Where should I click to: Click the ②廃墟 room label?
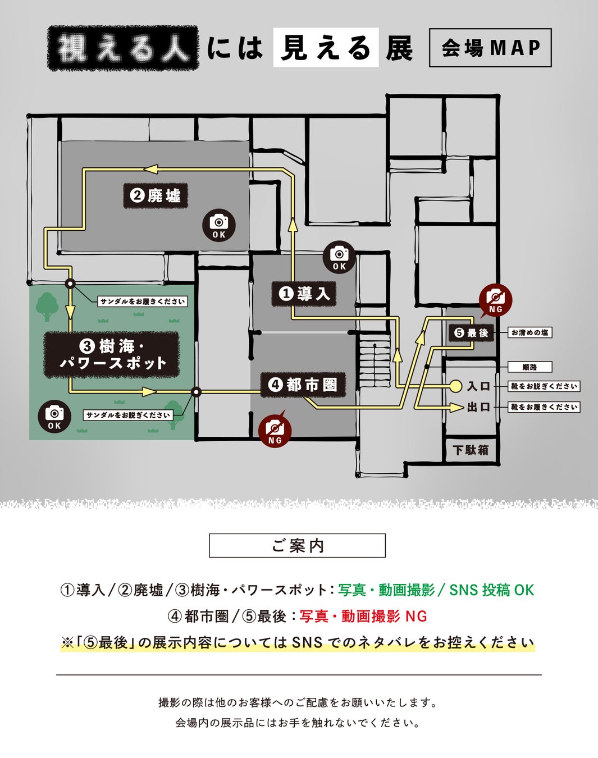(x=156, y=196)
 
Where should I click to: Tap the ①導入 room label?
(x=304, y=293)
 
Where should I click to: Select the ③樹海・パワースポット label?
(x=112, y=354)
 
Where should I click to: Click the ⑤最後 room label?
(x=471, y=333)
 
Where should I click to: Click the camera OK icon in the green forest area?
(x=54, y=417)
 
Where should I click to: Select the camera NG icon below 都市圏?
(x=275, y=431)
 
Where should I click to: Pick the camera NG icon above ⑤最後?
(x=495, y=300)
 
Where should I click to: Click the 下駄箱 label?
(x=471, y=450)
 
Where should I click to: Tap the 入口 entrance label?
(x=478, y=386)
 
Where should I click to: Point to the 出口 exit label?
(x=478, y=407)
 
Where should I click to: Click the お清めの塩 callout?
(x=530, y=332)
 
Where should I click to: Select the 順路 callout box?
(x=529, y=367)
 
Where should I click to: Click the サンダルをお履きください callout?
(x=143, y=302)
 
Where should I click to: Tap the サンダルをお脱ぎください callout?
(x=128, y=415)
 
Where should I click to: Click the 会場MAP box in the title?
(x=490, y=48)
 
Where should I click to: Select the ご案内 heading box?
(x=297, y=545)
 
